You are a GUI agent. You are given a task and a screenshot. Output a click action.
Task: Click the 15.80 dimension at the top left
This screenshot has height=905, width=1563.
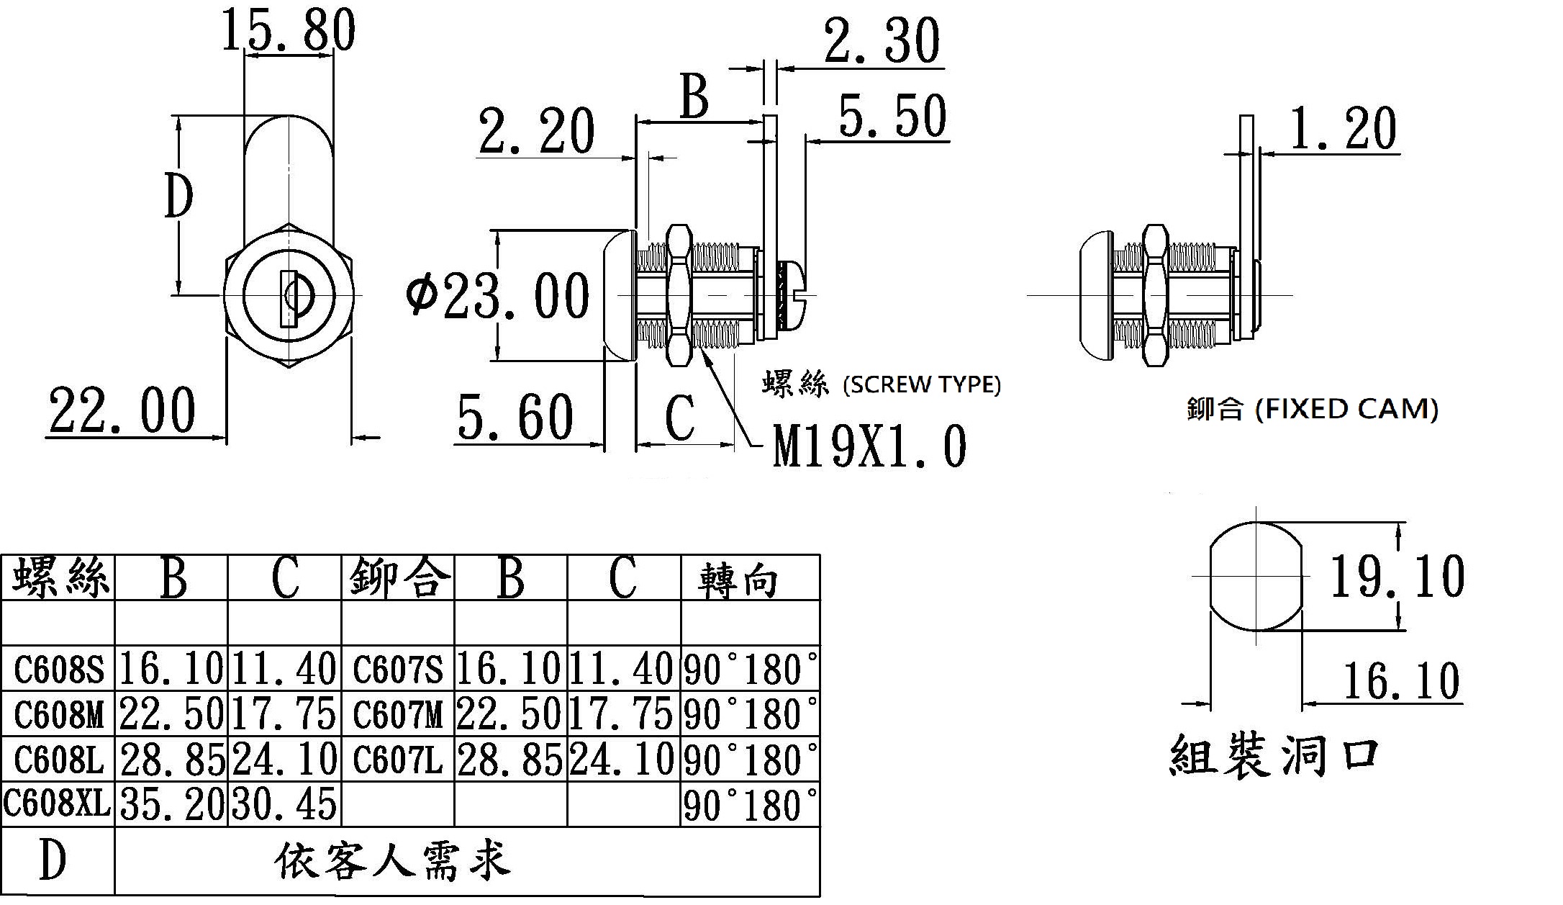[288, 30]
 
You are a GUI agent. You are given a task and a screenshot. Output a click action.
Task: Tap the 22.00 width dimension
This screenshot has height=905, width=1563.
[122, 410]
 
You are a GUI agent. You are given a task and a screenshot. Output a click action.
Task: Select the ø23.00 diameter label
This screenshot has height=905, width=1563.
[497, 296]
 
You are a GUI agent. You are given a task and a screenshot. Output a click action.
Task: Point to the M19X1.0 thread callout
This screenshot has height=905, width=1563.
[869, 446]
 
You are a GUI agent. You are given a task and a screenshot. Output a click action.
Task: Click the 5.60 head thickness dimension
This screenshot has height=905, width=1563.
[515, 418]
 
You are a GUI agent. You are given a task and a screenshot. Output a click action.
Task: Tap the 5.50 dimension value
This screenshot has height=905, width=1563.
[892, 117]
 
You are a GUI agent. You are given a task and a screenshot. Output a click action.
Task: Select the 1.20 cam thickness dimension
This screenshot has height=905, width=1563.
[1343, 130]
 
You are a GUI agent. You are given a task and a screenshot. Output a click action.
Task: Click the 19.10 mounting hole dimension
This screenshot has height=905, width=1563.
[1396, 577]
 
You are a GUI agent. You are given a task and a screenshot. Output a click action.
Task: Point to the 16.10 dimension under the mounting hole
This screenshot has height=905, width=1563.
[1400, 681]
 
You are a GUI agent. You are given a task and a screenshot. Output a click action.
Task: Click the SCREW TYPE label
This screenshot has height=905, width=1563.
[921, 385]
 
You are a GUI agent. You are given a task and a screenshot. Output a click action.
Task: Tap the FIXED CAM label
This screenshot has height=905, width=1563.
[1346, 410]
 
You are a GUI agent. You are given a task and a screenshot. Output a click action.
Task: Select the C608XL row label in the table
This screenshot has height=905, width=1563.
[58, 803]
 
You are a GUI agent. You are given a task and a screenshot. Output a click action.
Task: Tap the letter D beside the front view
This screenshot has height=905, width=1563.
[178, 196]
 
